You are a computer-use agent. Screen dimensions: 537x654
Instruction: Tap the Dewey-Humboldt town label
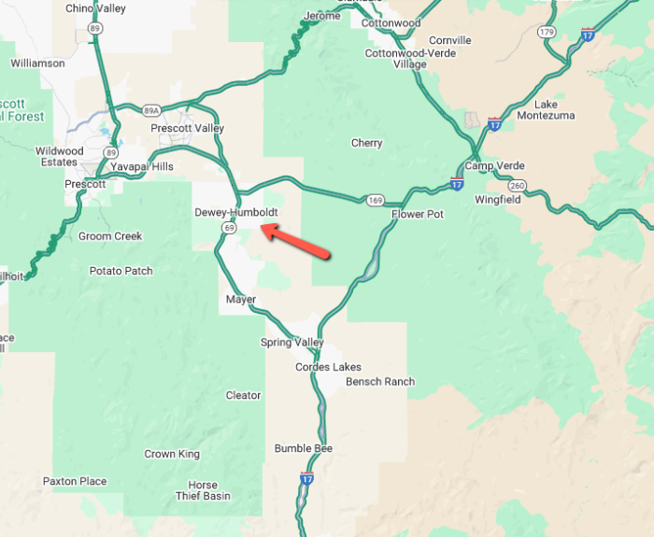coord(235,213)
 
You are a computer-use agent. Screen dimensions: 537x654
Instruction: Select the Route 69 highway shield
coord(229,227)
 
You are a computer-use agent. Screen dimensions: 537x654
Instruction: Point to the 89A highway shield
coord(138,110)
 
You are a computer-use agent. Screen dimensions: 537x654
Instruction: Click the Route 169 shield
coord(376,200)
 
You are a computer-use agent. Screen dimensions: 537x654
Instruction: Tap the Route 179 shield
coord(547,32)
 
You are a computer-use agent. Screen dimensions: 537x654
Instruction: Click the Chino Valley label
coord(95,8)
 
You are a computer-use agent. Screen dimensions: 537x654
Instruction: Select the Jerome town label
coord(321,17)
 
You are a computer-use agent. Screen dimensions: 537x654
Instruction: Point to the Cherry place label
coord(366,143)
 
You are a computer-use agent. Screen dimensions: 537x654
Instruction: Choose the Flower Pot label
coord(417,214)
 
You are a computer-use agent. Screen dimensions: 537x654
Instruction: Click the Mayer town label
coord(240,300)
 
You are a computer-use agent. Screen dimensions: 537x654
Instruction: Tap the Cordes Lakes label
coord(328,367)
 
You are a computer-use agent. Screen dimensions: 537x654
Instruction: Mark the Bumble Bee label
coord(304,448)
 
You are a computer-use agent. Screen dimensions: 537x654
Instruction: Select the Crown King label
coord(172,454)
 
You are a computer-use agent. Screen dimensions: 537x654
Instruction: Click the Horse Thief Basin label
coord(203,490)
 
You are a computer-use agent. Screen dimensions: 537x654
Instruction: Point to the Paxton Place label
coord(75,482)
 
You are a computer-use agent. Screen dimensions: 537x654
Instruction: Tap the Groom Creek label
coord(110,236)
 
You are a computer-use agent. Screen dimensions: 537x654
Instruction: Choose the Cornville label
coord(449,40)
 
